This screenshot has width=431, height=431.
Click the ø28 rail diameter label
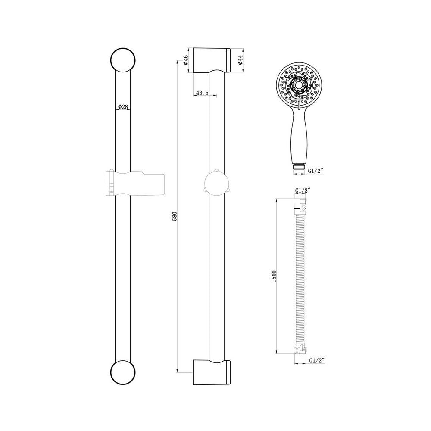click(x=123, y=107)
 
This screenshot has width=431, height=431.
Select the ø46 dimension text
click(x=186, y=60)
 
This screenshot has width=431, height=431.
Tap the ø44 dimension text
click(x=240, y=60)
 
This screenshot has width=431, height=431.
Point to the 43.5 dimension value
click(x=202, y=93)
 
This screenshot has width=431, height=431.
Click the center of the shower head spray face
click(x=297, y=85)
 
